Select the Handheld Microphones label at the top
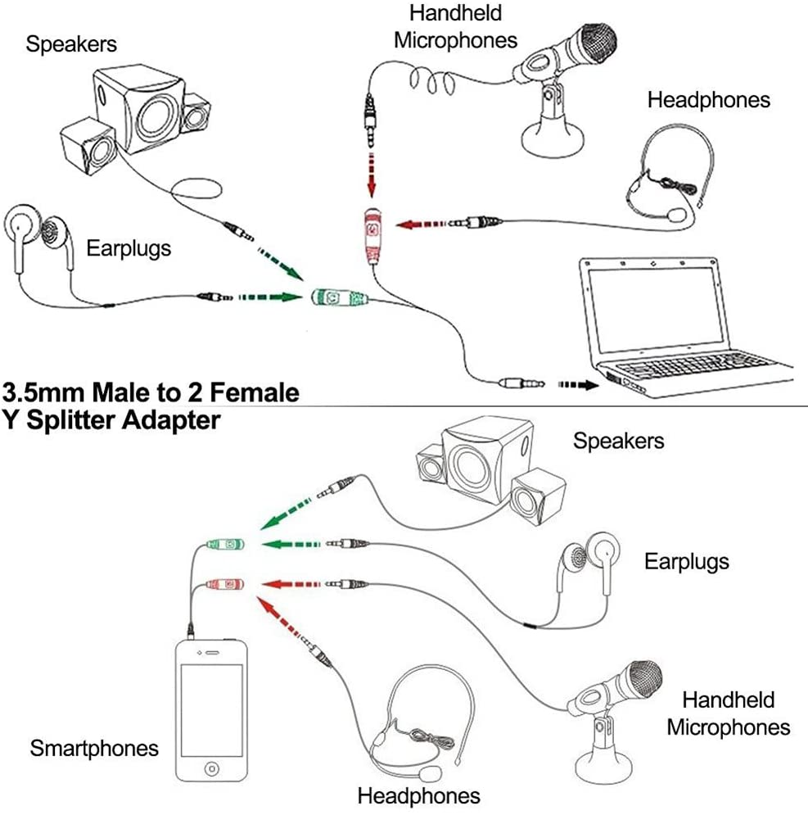(456, 26)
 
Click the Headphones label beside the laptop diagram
(709, 100)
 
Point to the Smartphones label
(94, 747)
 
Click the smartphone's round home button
(212, 770)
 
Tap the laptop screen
(651, 307)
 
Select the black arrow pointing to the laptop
(578, 383)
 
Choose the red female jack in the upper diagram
(373, 233)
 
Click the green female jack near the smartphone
(224, 543)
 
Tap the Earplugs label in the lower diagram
(686, 562)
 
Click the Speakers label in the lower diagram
(618, 441)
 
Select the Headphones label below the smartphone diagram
(418, 795)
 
